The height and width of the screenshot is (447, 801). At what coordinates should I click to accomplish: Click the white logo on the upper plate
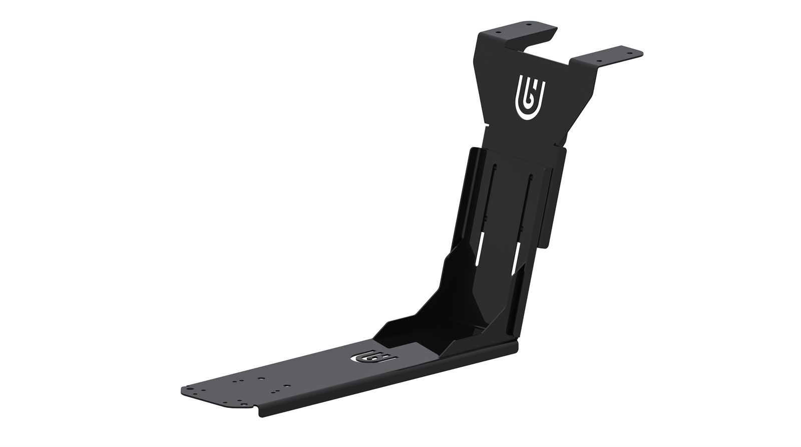click(x=531, y=98)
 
